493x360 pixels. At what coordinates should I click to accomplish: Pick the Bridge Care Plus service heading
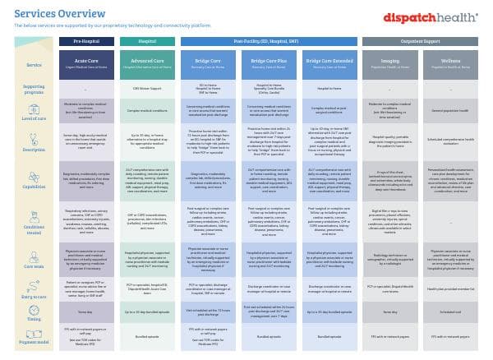[269, 59]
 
